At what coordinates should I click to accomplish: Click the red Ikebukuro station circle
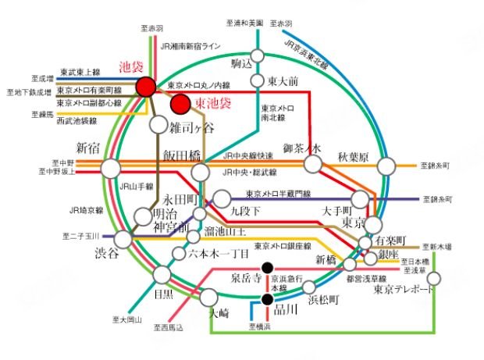click(145, 87)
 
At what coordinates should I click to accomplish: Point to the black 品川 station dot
click(267, 299)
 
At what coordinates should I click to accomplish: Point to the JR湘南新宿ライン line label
click(193, 47)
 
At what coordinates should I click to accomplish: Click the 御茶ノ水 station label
click(302, 148)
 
